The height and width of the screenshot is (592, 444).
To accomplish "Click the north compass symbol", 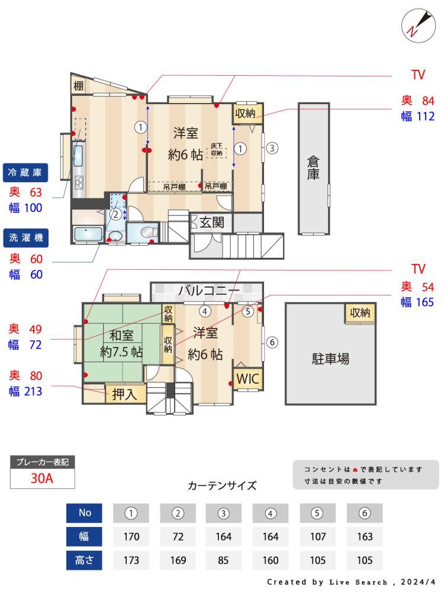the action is coord(418,25).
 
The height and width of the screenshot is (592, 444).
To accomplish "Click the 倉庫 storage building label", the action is coord(313,168).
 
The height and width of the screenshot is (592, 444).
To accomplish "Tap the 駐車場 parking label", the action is coord(330,358).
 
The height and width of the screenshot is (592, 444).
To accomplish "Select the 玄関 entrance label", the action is coord(212,223).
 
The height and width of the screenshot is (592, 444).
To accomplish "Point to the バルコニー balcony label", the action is coord(209,290).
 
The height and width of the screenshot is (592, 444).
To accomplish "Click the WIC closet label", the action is coord(247,378).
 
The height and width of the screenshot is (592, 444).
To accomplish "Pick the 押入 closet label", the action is coord(124,394).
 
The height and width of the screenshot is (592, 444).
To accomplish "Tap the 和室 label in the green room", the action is coord(121,335).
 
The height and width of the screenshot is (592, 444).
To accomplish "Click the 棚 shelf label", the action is coord(78,86).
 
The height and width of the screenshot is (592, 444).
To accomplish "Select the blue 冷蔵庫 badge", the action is coord(25,172).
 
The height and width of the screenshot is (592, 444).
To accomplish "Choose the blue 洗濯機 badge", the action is coord(25,238).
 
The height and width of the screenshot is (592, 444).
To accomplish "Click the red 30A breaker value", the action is coord(42,478).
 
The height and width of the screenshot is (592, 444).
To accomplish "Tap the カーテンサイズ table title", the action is coord(222,485).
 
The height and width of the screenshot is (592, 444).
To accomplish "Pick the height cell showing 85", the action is coord(224,560).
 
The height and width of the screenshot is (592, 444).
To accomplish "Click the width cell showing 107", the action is coord(318,536).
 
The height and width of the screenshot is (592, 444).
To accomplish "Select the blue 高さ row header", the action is coord(84,560).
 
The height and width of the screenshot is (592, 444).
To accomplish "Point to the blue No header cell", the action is coord(84,513).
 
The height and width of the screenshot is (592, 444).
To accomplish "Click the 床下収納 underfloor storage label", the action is coord(217,150).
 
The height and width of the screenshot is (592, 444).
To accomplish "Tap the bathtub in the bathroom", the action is coord(87,234).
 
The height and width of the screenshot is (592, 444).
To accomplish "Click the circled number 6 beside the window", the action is coord(272,342).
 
